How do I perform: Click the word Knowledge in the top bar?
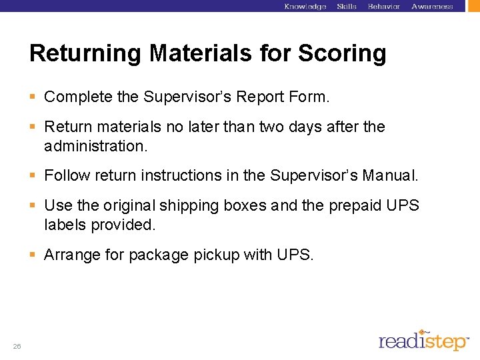point(305,7)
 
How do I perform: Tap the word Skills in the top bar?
point(347,7)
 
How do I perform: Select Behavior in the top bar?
point(384,7)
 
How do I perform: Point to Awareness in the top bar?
point(432,7)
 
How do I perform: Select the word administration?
point(95,146)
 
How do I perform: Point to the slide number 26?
point(17,345)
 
